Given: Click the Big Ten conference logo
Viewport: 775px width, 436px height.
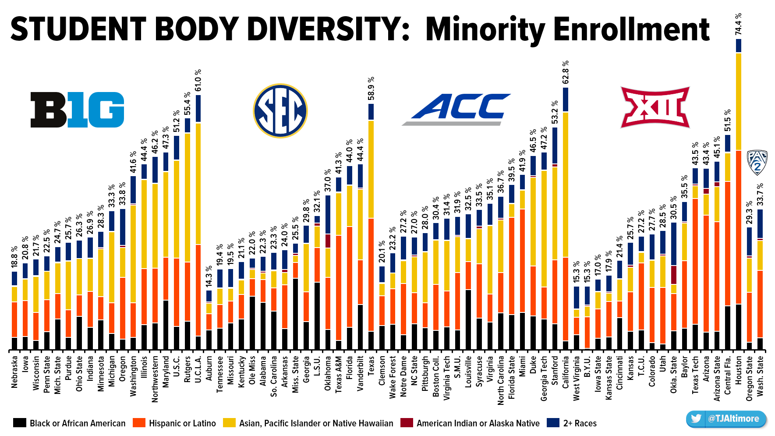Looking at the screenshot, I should pos(77,110).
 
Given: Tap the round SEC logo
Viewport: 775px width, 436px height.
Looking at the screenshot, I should pos(280,110).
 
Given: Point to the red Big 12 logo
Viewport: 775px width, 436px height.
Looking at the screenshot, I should pos(655,107).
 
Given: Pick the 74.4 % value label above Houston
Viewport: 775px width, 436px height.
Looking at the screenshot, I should pos(739,24).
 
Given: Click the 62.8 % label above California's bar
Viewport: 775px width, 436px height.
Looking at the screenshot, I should pos(566,72).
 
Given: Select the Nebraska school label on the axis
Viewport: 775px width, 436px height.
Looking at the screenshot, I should pos(14,372).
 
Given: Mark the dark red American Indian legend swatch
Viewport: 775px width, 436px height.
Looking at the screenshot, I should pos(407,423).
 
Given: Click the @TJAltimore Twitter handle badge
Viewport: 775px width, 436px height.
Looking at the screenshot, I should pos(726,418).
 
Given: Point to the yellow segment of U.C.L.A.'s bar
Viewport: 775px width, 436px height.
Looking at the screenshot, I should pos(198,184).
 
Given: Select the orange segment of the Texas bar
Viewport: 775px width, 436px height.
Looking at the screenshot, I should pos(371,274).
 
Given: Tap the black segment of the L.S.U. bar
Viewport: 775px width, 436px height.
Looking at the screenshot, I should pos(317,315).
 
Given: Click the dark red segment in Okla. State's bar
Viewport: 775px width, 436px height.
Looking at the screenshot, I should pos(674,275).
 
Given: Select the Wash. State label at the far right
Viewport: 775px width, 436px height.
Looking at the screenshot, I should pos(760,376).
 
